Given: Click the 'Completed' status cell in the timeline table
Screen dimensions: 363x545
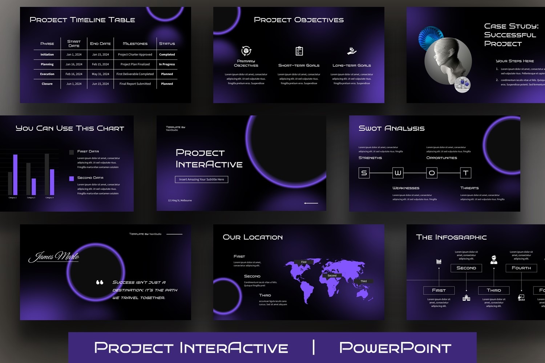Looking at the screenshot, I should (x=167, y=54).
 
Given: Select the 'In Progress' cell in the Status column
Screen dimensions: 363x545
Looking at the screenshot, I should (x=167, y=64).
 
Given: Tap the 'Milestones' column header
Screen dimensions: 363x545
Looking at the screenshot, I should (x=135, y=44).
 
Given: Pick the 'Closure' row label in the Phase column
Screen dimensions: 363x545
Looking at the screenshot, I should (x=47, y=84).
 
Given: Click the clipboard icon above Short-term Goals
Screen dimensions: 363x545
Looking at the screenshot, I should (x=299, y=51).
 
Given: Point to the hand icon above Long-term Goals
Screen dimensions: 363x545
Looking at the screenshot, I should (x=351, y=51).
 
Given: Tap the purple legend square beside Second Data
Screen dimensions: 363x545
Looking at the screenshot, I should (x=72, y=178).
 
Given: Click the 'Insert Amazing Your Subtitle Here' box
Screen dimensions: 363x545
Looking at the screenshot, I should (x=201, y=179).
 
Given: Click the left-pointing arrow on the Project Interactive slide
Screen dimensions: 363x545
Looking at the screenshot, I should (x=311, y=203).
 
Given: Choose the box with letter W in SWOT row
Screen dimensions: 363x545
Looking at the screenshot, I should (x=398, y=173).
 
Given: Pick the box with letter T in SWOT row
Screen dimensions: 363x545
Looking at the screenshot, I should (x=465, y=173).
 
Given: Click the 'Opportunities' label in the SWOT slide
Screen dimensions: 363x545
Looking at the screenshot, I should (x=441, y=158).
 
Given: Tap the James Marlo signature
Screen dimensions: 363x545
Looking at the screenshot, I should (x=54, y=256).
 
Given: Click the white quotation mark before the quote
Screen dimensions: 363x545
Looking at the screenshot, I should (x=100, y=282).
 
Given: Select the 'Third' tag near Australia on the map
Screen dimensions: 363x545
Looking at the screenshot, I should (x=363, y=281).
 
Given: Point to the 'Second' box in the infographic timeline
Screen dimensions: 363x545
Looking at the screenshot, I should (x=466, y=268).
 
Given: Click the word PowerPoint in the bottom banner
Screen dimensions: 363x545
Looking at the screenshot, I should (x=395, y=348).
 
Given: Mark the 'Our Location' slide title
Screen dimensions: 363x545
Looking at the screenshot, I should (x=253, y=237).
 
